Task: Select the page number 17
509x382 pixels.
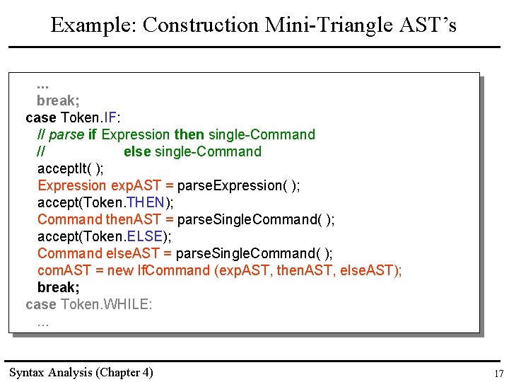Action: click(x=498, y=374)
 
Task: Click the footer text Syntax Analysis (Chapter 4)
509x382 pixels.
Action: click(x=81, y=372)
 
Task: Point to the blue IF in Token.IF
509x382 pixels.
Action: click(x=111, y=117)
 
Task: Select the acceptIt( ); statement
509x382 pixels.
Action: click(x=71, y=168)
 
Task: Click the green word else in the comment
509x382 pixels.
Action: click(x=137, y=151)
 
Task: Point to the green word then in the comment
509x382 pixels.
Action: click(x=189, y=134)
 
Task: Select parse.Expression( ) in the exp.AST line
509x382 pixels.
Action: click(x=238, y=185)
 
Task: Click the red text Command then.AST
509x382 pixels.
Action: click(x=99, y=219)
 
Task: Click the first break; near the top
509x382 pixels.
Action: click(x=58, y=100)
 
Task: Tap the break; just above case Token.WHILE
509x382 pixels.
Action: click(x=58, y=287)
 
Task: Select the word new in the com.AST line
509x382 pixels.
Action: click(x=122, y=270)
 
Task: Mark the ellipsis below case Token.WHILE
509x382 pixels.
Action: click(x=43, y=323)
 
